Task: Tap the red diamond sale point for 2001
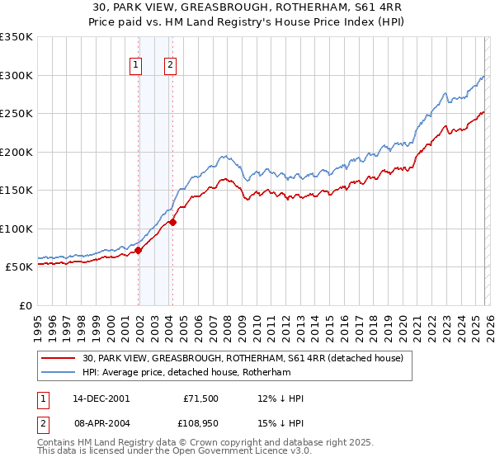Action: coord(139,251)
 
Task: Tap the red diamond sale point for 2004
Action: coord(172,222)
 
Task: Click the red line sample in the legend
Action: coord(59,359)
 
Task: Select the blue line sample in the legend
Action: coord(59,373)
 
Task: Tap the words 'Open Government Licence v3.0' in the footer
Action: coord(239,451)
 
